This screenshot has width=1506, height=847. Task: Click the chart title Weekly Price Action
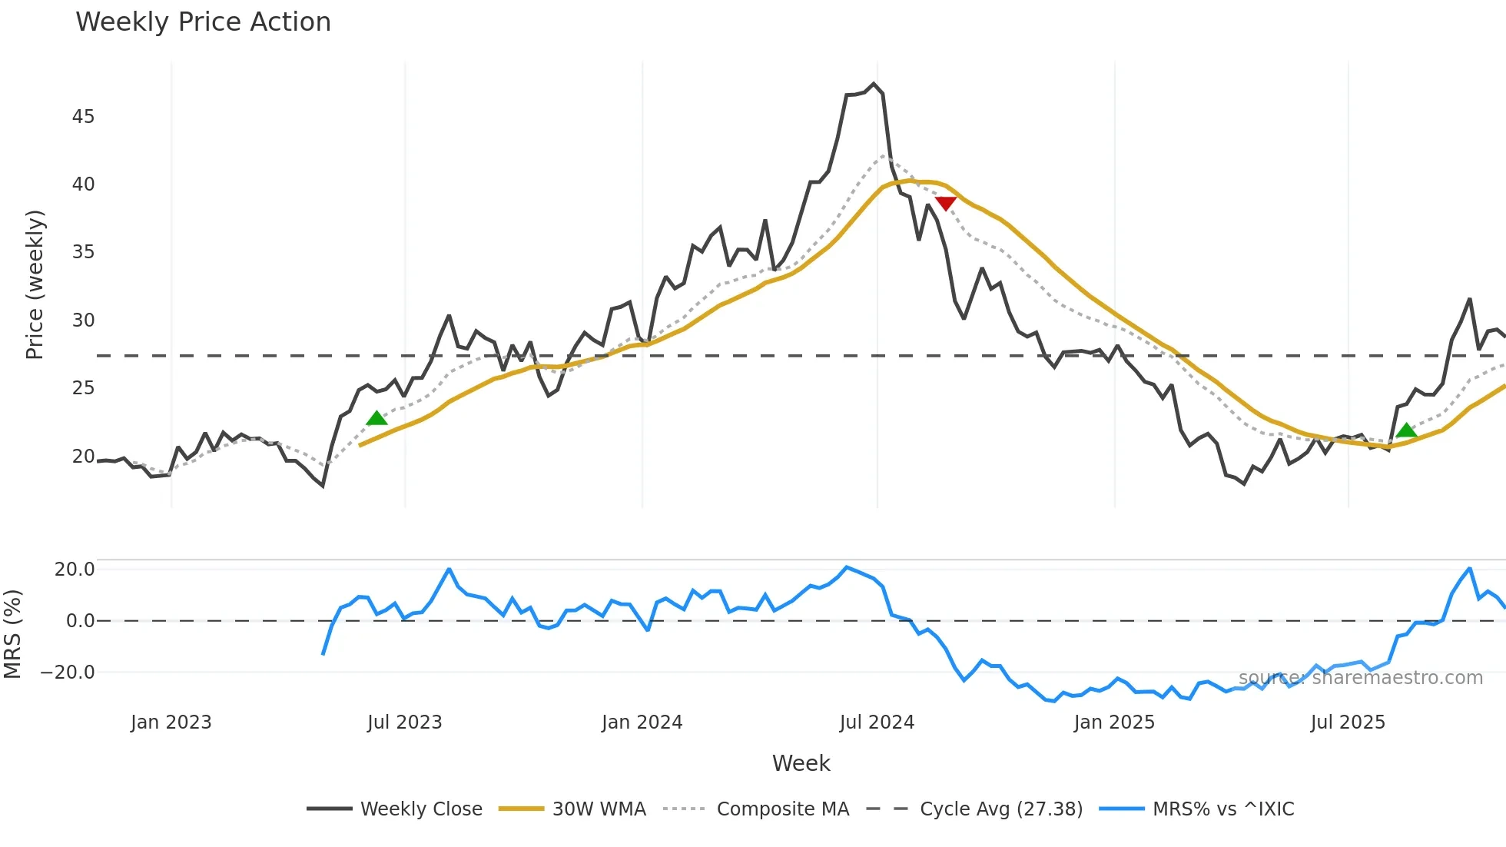[x=203, y=22]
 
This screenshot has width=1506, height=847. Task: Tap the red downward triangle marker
[x=946, y=203]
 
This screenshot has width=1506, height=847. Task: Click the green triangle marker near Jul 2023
[x=376, y=418]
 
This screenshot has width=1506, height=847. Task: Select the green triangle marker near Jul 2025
[x=1406, y=430]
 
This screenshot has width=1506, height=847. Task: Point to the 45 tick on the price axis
[x=83, y=117]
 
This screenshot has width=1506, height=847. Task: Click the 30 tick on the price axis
[x=83, y=321]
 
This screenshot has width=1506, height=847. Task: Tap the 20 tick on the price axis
[x=83, y=457]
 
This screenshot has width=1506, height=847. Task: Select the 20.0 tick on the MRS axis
[x=75, y=570]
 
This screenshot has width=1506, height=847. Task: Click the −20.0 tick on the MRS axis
[x=68, y=673]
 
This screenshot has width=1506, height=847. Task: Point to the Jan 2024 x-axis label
[x=642, y=722]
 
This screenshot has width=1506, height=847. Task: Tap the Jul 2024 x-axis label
[x=877, y=722]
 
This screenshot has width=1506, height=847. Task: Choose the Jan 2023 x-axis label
[x=171, y=722]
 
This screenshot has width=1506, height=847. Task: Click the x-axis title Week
[x=801, y=763]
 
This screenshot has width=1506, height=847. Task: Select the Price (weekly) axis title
[x=35, y=284]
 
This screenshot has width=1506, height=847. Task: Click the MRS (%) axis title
[x=12, y=634]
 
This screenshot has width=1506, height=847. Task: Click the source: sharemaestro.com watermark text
[x=1361, y=678]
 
